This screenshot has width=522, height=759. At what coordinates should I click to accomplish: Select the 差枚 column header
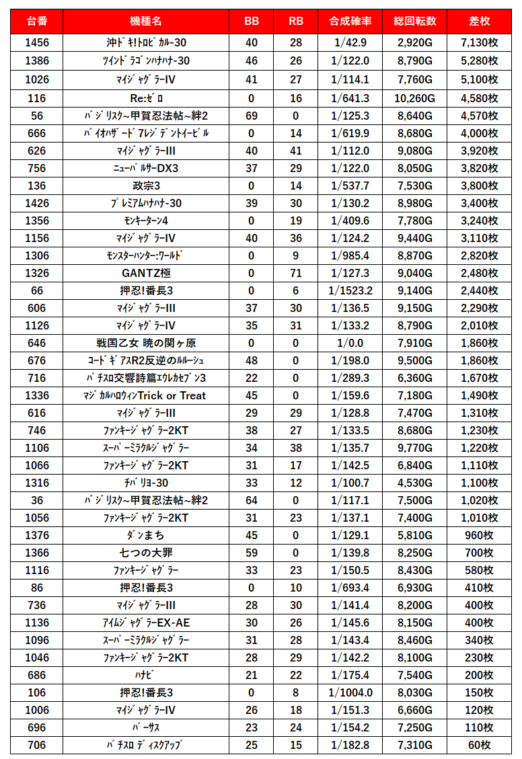(x=480, y=21)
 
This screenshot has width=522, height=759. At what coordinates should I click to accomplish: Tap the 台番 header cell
(x=37, y=21)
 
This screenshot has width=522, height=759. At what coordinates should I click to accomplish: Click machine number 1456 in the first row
(x=37, y=43)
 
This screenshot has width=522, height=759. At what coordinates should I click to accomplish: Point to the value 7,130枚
(x=480, y=43)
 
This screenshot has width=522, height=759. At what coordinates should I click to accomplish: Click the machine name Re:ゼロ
(x=146, y=98)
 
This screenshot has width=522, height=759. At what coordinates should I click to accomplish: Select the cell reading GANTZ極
(x=146, y=273)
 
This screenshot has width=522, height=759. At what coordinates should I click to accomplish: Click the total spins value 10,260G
(x=415, y=98)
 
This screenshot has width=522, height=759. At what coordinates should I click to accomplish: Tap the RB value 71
(x=295, y=273)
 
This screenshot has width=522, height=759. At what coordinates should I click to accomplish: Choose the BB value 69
(x=252, y=116)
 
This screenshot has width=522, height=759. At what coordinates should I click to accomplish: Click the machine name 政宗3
(x=146, y=186)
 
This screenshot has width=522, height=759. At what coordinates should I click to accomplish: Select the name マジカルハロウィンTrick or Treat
(x=146, y=395)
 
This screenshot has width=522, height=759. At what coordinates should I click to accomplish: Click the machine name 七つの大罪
(x=146, y=553)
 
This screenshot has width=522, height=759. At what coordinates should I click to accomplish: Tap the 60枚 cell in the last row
(x=480, y=745)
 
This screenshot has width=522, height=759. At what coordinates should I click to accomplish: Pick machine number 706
(x=37, y=745)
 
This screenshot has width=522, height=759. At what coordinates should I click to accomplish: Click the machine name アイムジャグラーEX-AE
(x=146, y=623)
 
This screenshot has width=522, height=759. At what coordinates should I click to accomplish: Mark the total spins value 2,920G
(x=415, y=43)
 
